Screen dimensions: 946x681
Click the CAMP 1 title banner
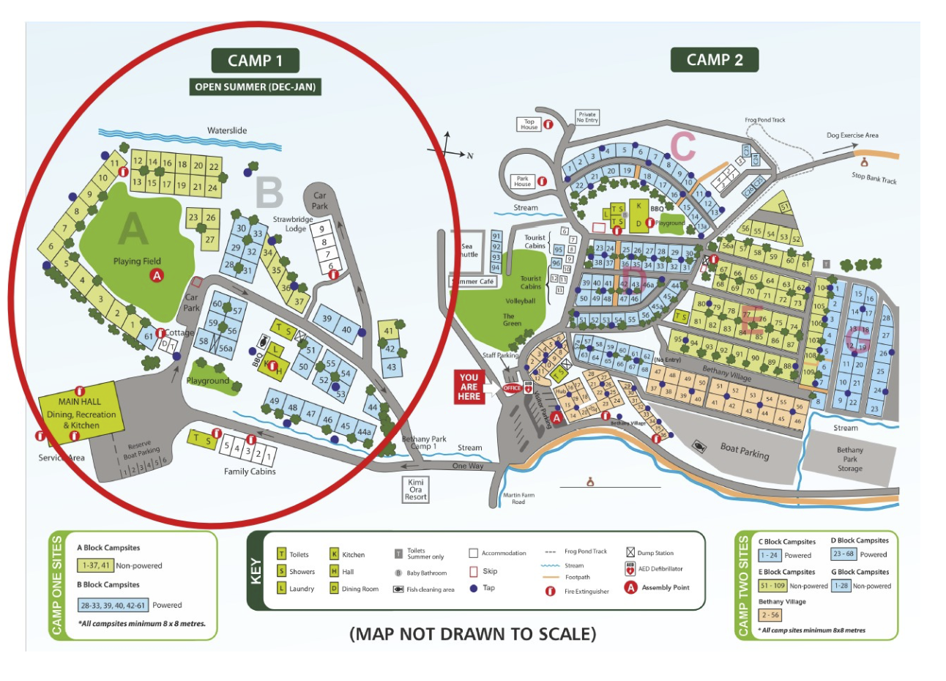pyautogui.click(x=255, y=61)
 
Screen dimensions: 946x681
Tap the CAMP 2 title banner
pyautogui.click(x=714, y=60)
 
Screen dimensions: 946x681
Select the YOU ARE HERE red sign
pyautogui.click(x=469, y=387)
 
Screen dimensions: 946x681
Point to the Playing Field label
pyautogui.click(x=137, y=261)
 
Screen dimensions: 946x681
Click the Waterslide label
pyautogui.click(x=227, y=130)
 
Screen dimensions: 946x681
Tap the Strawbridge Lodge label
pyautogui.click(x=294, y=223)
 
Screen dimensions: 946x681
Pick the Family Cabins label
pyautogui.click(x=250, y=472)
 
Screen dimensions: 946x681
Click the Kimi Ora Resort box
pyautogui.click(x=416, y=489)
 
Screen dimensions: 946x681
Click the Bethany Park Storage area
pyautogui.click(x=849, y=459)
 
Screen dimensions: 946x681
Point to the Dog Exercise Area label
pyautogui.click(x=852, y=135)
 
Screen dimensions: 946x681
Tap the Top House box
pyautogui.click(x=529, y=124)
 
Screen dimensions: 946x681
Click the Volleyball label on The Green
pyautogui.click(x=521, y=301)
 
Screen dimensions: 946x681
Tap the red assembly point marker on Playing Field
pyautogui.click(x=156, y=275)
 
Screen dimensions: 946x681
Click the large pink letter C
pyautogui.click(x=682, y=146)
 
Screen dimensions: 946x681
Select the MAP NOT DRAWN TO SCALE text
pyautogui.click(x=473, y=633)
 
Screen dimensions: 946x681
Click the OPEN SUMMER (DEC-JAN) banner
pyautogui.click(x=255, y=86)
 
